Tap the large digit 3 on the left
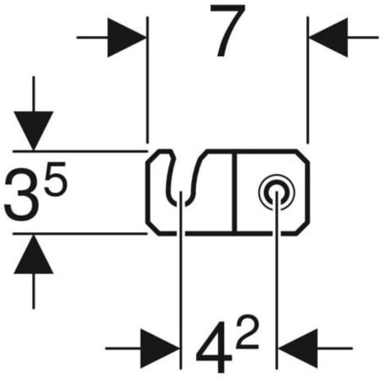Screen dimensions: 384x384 pyautogui.click(x=22, y=194)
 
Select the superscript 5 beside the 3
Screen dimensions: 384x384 pyautogui.click(x=55, y=178)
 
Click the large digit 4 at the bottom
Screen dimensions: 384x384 pyautogui.click(x=215, y=347)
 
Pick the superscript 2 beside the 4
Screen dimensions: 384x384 pyautogui.click(x=247, y=333)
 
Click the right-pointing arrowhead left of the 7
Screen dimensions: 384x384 pyautogui.click(x=127, y=38)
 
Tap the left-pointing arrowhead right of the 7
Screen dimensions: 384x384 pyautogui.click(x=328, y=38)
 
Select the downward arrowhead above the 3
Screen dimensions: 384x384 pyautogui.click(x=33, y=131)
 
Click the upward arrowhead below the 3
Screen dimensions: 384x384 pyautogui.click(x=33, y=254)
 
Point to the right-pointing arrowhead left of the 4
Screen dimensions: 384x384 pyautogui.click(x=160, y=349)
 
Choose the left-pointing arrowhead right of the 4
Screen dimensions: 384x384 pyautogui.click(x=298, y=349)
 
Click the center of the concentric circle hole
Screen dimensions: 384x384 pyautogui.click(x=276, y=192)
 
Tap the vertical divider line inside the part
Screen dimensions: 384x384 pyautogui.click(x=234, y=193)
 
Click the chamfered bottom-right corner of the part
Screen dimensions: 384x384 pyautogui.click(x=302, y=228)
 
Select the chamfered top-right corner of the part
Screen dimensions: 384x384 pyautogui.click(x=302, y=156)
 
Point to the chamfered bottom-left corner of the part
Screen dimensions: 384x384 pyautogui.click(x=153, y=228)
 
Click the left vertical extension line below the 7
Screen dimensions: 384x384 pyautogui.click(x=147, y=80)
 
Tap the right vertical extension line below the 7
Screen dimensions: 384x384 pyautogui.click(x=308, y=80)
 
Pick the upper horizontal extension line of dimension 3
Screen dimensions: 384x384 pyautogui.click(x=80, y=150)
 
